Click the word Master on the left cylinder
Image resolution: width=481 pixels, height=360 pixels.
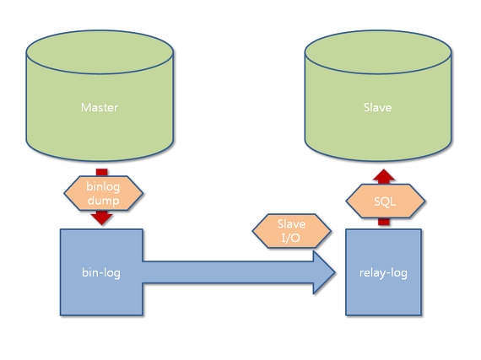coord(100,108)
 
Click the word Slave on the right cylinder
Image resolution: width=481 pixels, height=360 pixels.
coord(377,108)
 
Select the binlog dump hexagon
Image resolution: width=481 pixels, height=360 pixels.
coord(104,193)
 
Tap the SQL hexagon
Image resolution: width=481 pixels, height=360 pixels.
coord(386,201)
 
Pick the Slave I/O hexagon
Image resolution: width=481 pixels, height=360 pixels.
coord(291,231)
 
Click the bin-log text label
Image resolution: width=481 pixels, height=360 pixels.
coord(101,272)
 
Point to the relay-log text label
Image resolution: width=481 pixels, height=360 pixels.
coord(383,272)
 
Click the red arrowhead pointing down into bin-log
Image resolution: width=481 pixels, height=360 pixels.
coord(102,218)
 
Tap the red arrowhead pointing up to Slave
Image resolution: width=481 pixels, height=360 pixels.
coord(384,176)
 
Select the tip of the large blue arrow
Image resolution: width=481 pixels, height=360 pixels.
coord(335,272)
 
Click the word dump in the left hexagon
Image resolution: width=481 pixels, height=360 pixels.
coord(104,201)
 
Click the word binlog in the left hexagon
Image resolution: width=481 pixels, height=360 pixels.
coord(103,186)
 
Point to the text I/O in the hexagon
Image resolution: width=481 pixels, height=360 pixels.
coord(291,238)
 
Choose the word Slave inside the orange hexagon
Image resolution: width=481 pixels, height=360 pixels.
coord(291,224)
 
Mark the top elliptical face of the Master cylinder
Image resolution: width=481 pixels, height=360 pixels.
coord(100,51)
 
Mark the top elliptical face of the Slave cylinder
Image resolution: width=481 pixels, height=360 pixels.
coord(378,51)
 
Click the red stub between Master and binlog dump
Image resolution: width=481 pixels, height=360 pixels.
coord(102,172)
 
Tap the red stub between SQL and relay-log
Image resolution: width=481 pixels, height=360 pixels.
coord(384,222)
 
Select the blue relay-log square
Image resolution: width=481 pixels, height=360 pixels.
coord(383,272)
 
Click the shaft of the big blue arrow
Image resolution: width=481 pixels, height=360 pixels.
coord(228,272)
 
